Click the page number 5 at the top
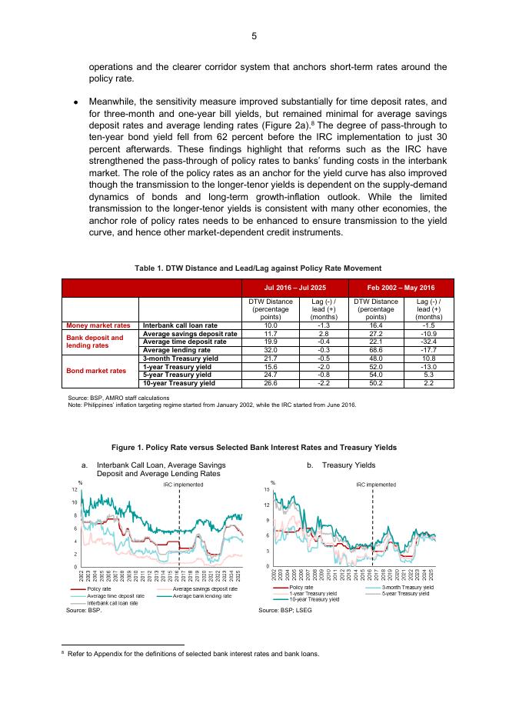(x=254, y=35)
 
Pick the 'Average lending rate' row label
(x=177, y=350)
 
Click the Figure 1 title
(x=254, y=447)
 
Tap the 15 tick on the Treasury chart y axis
(x=265, y=489)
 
